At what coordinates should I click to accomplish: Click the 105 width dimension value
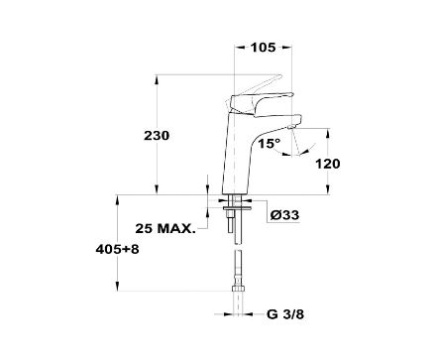tap(263, 48)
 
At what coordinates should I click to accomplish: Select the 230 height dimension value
tap(157, 136)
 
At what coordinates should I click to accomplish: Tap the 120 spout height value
tap(327, 164)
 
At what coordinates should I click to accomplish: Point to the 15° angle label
tap(270, 144)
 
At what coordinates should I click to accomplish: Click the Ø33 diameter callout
tap(284, 215)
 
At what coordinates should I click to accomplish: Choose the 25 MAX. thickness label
tap(165, 228)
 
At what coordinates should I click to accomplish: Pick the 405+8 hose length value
tap(117, 249)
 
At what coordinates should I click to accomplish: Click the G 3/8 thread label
tap(285, 314)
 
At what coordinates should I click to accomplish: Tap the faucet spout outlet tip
tap(290, 128)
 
